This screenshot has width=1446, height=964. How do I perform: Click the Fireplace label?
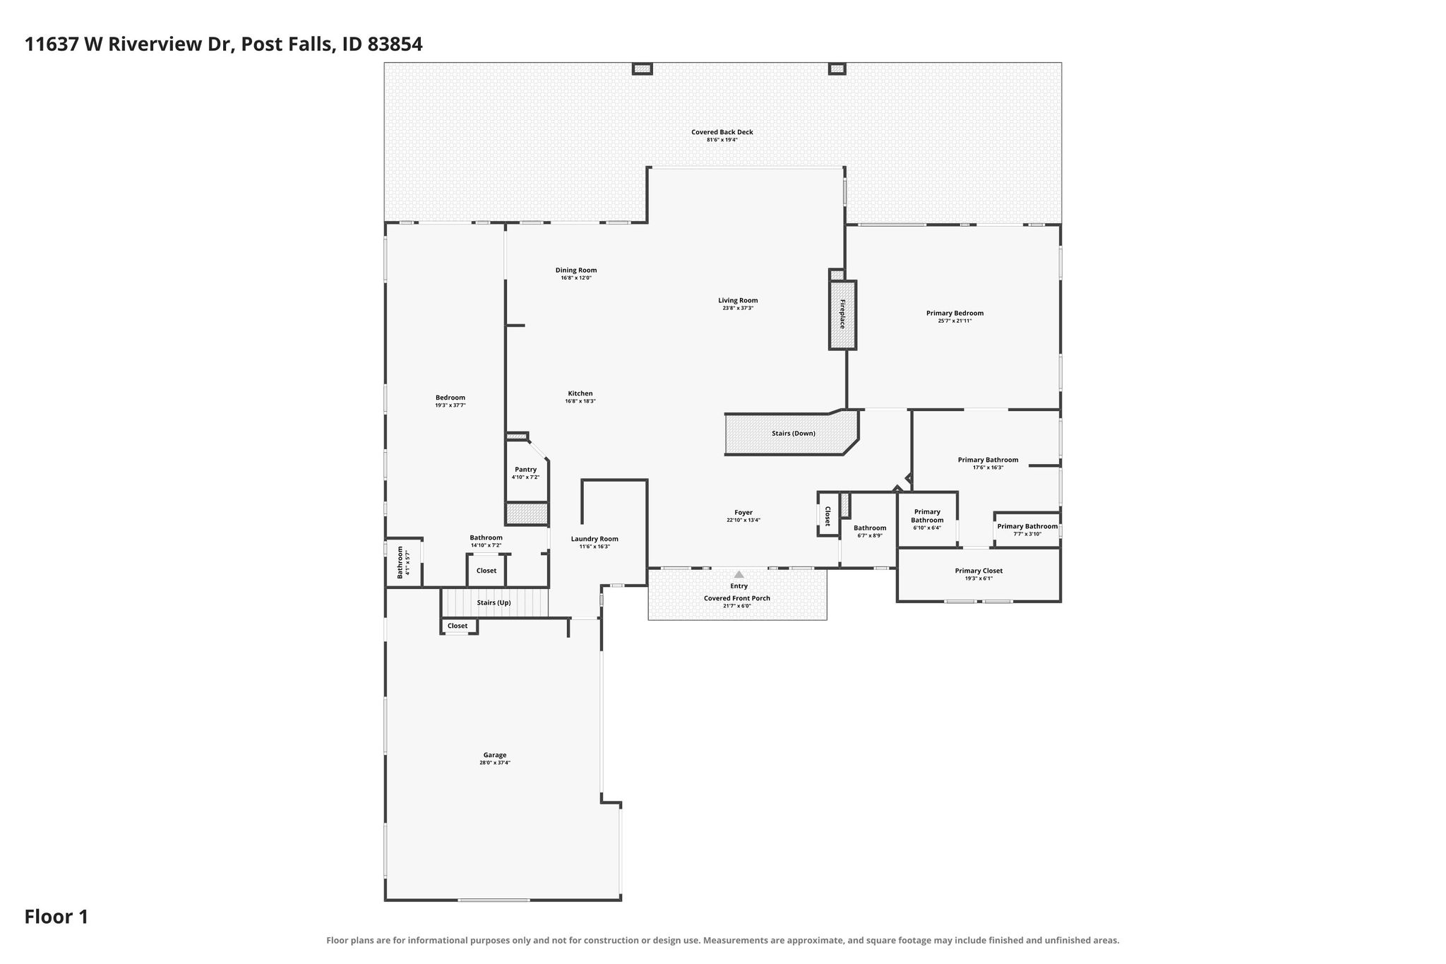click(842, 314)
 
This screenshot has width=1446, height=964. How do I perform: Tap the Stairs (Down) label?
click(794, 433)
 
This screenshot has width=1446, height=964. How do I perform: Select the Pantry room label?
click(525, 470)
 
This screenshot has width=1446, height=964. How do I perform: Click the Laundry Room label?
click(594, 539)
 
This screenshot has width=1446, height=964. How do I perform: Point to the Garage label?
click(495, 755)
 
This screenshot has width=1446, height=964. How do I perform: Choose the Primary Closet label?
click(979, 571)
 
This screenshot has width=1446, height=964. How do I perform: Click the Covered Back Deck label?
click(722, 132)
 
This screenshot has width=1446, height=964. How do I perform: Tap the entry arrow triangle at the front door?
click(739, 574)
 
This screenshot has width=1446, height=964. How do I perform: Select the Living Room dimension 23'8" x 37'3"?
click(738, 308)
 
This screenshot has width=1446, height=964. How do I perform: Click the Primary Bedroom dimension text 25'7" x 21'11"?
click(955, 321)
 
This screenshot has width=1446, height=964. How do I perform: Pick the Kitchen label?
click(580, 393)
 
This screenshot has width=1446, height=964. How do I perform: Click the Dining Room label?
click(576, 270)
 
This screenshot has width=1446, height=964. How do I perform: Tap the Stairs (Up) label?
click(494, 602)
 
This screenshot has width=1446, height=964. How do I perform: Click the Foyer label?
click(743, 513)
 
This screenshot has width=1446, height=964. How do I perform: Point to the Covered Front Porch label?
click(737, 598)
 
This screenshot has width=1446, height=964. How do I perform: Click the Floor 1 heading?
click(56, 917)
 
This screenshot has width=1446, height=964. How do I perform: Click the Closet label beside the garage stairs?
click(458, 626)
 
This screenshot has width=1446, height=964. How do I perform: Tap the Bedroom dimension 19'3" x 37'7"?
click(450, 405)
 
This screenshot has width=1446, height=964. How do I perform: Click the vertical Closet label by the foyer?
click(827, 516)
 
